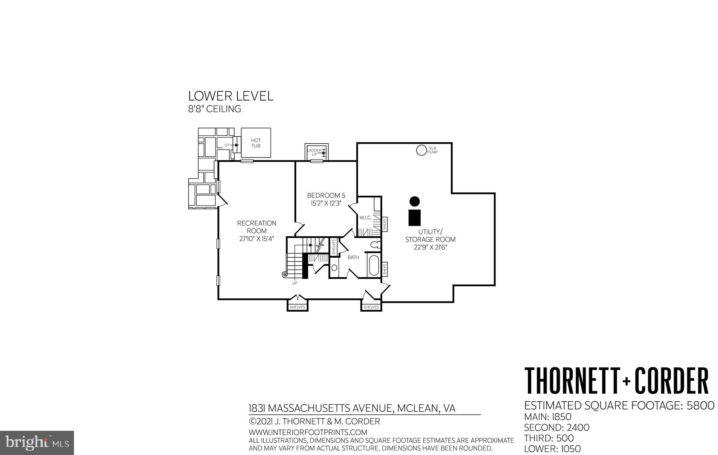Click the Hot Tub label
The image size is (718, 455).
pos(256,143)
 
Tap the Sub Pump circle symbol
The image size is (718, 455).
pos(421,150)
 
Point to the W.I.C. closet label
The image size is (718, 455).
pos(365,218)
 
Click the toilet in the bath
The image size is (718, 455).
pos(375,245)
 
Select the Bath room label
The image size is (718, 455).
pos(353,257)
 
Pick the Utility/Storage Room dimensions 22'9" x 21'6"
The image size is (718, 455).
pos(430,247)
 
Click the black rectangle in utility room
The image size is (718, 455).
pos(414,217)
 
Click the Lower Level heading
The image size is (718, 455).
pos(231,96)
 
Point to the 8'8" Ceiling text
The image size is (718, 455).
pos(215,109)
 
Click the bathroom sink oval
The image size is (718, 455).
pos(334,268)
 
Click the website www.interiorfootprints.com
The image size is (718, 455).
pos(308,432)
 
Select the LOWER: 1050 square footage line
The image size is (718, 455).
pos(552,449)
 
